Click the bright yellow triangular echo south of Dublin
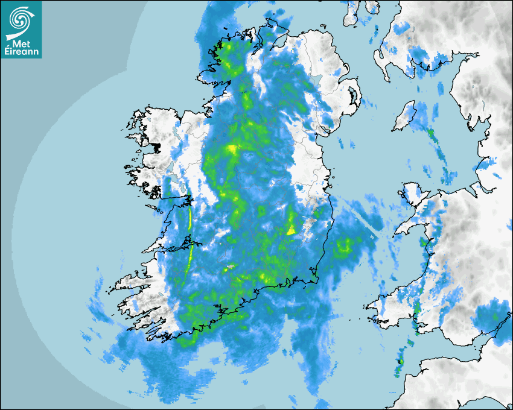tap(292, 229)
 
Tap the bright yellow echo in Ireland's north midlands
tap(232, 148)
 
